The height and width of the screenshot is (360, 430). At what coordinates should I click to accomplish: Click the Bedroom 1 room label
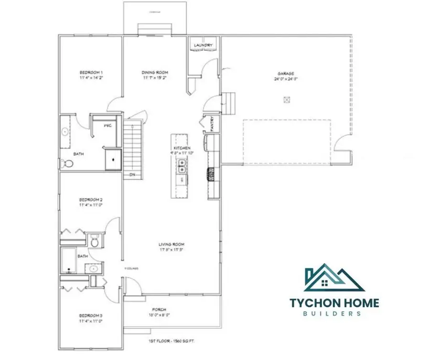91,73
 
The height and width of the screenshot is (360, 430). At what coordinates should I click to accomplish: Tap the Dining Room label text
154,73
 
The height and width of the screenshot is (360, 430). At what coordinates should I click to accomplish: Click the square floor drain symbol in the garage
287,100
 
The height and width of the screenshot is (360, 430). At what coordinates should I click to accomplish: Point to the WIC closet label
108,125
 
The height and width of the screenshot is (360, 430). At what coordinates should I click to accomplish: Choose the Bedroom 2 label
91,200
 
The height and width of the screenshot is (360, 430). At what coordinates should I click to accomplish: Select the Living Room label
172,245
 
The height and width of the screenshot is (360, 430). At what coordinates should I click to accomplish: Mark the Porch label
160,309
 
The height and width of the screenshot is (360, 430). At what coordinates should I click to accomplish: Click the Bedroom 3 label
91,316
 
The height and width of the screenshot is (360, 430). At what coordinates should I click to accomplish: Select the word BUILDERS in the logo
334,314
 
